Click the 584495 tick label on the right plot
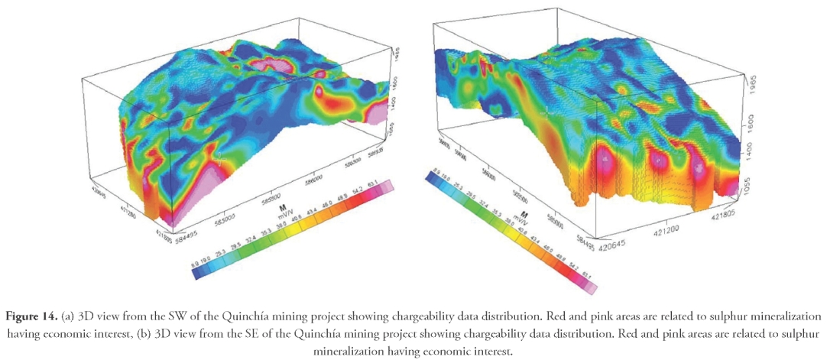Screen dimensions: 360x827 coord(588,229)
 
